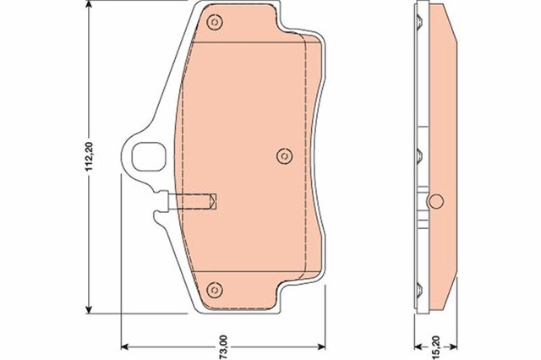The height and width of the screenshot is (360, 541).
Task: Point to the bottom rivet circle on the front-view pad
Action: click(215, 285)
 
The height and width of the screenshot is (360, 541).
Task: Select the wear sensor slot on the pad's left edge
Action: click(194, 202)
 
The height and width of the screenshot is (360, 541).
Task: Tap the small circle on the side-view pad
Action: click(436, 201)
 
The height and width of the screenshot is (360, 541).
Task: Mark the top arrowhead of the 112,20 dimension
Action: click(90, 10)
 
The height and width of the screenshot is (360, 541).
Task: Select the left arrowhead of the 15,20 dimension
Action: click(421, 346)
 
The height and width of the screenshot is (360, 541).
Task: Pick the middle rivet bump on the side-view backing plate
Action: click(419, 155)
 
